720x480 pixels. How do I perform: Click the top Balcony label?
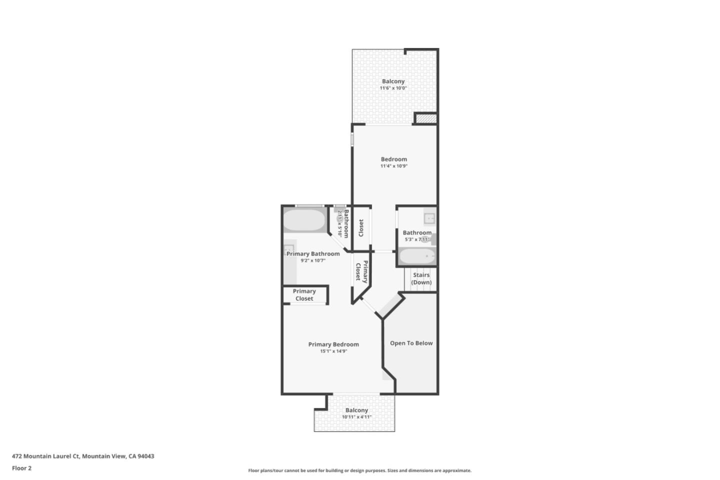point(393,81)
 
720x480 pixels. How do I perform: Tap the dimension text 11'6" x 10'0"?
point(393,88)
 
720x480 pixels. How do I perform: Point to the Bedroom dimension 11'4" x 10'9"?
point(393,166)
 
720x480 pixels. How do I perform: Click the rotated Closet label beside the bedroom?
point(361,228)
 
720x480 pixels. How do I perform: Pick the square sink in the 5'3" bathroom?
point(429,218)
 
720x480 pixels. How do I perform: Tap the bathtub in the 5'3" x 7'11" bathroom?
point(418,257)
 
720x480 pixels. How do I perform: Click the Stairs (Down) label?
point(421,278)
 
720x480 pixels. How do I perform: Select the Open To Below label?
point(411,343)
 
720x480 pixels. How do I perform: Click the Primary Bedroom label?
point(333,344)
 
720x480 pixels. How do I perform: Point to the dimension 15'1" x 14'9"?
point(333,351)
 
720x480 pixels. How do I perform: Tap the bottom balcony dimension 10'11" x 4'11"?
point(356,417)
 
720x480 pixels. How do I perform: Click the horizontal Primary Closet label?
point(304,295)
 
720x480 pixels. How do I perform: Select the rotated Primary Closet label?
point(361,271)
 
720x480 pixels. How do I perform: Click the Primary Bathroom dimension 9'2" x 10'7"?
point(313,260)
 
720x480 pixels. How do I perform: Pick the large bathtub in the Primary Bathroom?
point(304,220)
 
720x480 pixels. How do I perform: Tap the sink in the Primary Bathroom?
point(288,249)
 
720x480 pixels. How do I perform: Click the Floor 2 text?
point(21,468)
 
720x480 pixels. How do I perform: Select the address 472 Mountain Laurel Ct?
point(83,456)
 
